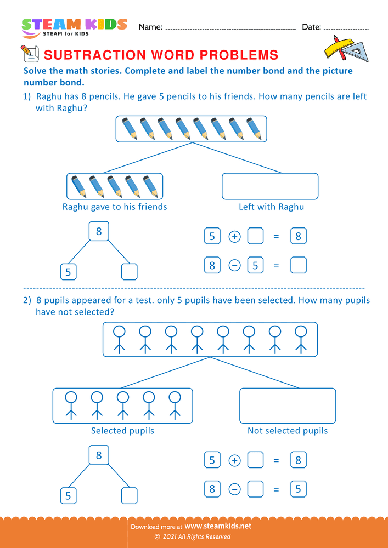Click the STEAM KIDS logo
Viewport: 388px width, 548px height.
click(74, 27)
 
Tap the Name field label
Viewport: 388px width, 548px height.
click(150, 27)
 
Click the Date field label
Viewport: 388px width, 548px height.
click(311, 27)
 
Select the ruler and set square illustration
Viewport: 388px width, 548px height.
click(345, 48)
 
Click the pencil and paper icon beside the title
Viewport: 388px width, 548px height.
click(29, 54)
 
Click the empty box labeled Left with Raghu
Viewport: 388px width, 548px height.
click(270, 186)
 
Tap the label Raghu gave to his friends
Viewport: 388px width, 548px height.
click(115, 207)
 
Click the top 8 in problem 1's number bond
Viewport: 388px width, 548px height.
click(99, 231)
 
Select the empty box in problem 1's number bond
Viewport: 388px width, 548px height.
click(129, 271)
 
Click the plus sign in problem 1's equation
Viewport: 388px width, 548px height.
click(234, 237)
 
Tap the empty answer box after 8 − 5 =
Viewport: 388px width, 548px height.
click(298, 266)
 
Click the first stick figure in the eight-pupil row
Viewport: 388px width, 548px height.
click(119, 338)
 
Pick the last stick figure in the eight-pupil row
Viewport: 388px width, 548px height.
click(300, 338)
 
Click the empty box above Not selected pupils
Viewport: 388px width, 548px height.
click(288, 406)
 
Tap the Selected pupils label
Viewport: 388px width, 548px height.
click(122, 431)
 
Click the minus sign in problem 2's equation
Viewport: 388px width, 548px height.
click(234, 489)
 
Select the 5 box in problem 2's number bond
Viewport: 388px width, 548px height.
click(69, 495)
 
